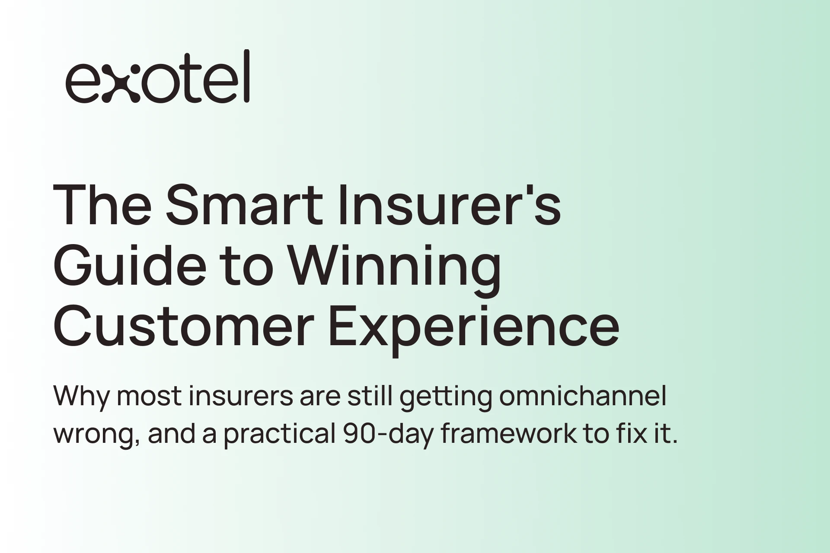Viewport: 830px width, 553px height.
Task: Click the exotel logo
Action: (x=157, y=76)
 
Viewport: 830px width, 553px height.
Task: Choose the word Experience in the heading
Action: (x=474, y=331)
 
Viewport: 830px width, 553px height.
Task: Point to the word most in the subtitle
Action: (x=149, y=397)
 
